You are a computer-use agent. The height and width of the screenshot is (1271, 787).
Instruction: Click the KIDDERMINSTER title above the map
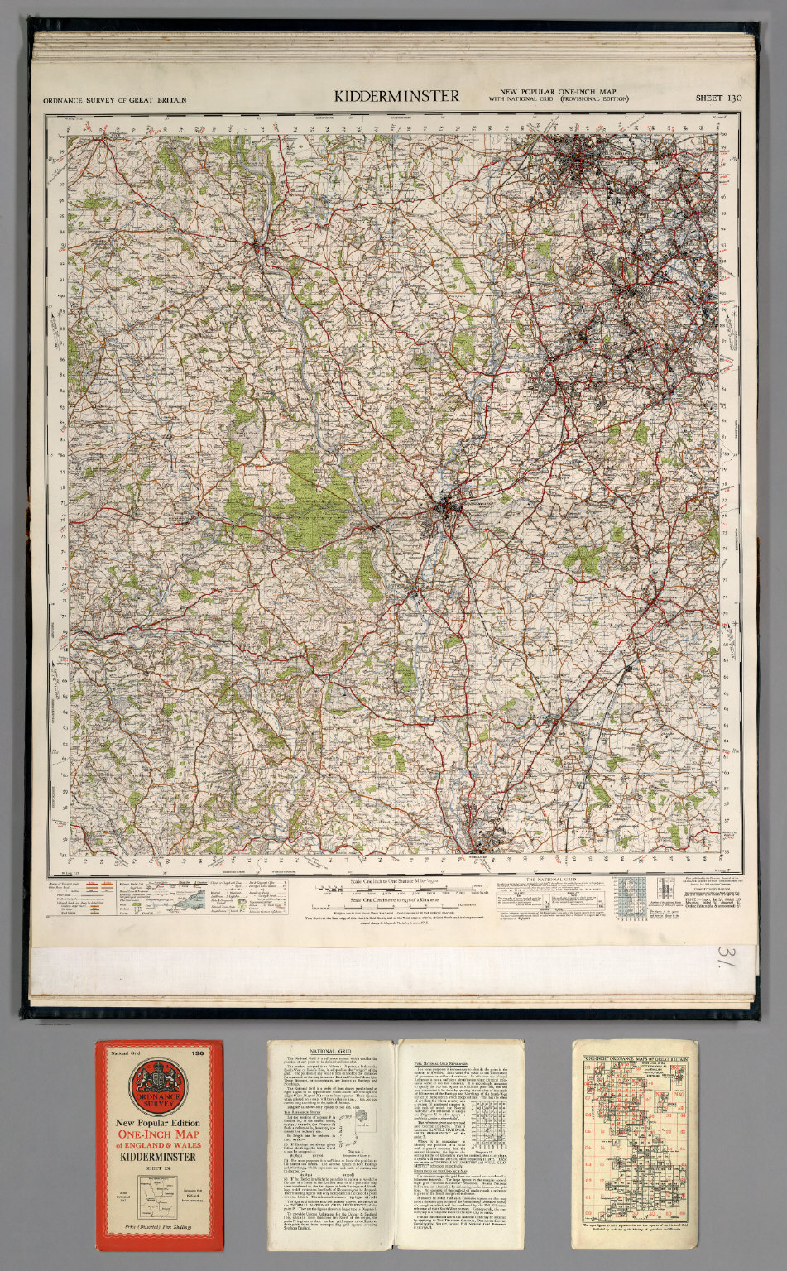coord(396,96)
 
